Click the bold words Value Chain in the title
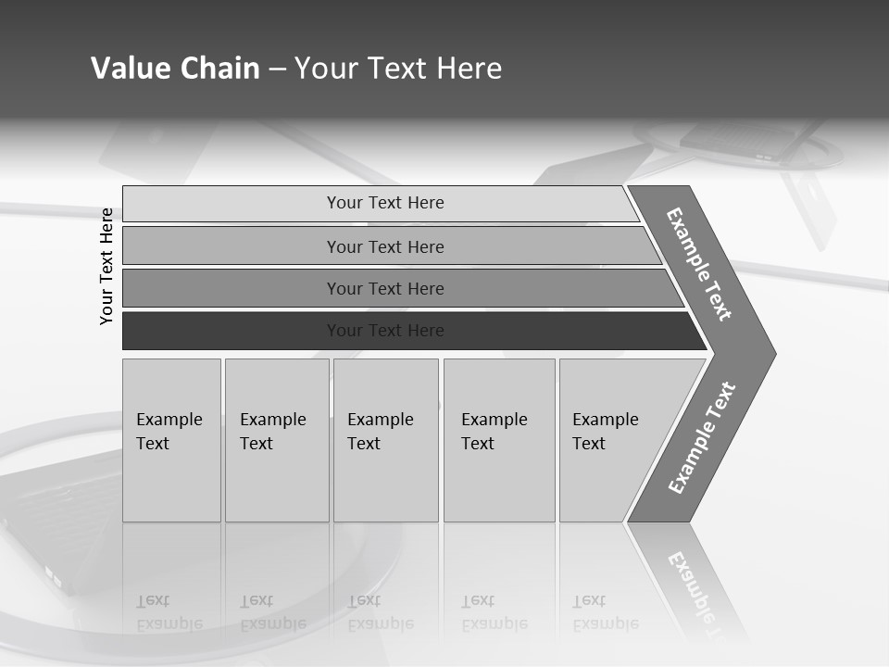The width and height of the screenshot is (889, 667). pos(175,69)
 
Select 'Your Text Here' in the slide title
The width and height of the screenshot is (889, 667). pos(398,69)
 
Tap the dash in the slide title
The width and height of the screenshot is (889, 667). pos(277,69)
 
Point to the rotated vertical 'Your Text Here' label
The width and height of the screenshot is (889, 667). pos(107,266)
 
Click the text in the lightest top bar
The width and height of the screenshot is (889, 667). pos(385,203)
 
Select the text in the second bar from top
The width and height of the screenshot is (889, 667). pos(385,246)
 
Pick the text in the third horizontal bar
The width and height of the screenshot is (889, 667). pos(385,289)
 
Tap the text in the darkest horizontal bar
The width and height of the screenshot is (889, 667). pos(385,331)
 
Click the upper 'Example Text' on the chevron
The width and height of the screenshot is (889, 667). pos(699,264)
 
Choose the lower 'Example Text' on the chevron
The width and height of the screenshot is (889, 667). pos(702,438)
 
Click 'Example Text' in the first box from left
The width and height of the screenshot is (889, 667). pos(169,432)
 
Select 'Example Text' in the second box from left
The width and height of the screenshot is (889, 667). pos(272,432)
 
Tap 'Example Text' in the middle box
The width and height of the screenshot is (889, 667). pos(380,432)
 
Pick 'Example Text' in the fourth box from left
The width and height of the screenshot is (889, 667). pos(494,432)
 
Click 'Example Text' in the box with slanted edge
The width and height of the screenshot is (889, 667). pos(605,432)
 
